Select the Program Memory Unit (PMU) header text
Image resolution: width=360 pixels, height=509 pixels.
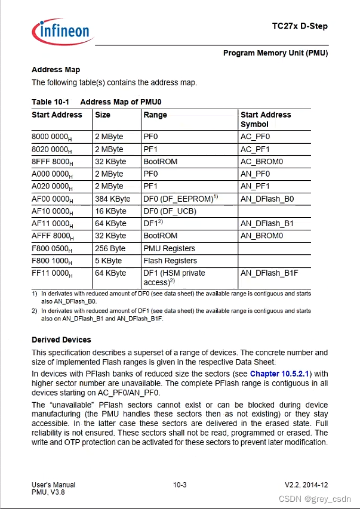[x=275, y=53]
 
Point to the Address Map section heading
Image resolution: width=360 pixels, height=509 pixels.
[x=56, y=70]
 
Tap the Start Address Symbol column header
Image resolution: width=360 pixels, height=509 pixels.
[x=266, y=119]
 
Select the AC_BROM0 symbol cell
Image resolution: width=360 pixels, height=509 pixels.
[x=261, y=162]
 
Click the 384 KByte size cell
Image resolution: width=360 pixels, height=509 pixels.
[x=112, y=199]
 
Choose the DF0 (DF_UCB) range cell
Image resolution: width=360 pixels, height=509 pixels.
[x=170, y=211]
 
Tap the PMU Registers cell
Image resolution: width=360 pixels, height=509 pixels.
[x=169, y=248]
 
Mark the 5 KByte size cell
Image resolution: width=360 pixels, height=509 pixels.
[x=108, y=261]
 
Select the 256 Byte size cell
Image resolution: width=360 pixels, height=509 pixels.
[x=110, y=248]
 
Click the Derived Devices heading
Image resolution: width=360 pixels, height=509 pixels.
[x=61, y=340]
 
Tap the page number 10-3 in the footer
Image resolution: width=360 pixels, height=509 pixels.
[x=180, y=485]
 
